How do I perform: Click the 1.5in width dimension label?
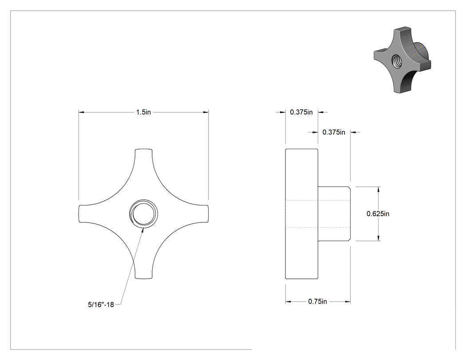[143, 112]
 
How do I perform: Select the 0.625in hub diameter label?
[378, 214]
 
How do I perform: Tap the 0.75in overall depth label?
[317, 301]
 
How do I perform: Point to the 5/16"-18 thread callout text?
[101, 305]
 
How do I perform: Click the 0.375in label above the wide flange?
[301, 112]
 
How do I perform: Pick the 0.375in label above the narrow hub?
[334, 132]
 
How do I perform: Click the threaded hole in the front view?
[143, 214]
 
